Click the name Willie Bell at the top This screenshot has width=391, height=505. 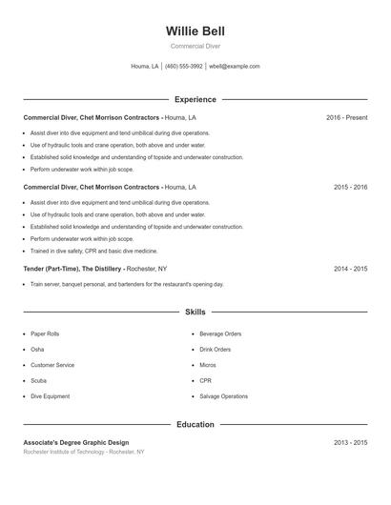click(195, 31)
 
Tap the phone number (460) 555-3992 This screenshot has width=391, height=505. click(183, 67)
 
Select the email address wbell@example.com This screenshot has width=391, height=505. click(235, 67)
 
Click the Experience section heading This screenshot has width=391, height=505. click(195, 99)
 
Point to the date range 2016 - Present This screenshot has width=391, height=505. click(346, 118)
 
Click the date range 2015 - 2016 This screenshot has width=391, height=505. click(350, 188)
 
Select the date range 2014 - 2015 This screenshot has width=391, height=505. click(350, 269)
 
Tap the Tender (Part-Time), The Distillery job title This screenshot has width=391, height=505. click(72, 269)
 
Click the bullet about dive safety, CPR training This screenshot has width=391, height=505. click(93, 251)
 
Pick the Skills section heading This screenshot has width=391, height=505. click(195, 312)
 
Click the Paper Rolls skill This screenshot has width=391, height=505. click(45, 334)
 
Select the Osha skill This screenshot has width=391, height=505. click(37, 350)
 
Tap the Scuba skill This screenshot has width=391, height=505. click(39, 381)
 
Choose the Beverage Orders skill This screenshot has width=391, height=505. click(220, 334)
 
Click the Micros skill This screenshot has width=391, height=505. click(208, 365)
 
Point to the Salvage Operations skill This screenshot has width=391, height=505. click(223, 396)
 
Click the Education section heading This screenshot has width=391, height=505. click(195, 424)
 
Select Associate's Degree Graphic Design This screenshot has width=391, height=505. click(76, 443)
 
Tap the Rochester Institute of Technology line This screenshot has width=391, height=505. click(84, 452)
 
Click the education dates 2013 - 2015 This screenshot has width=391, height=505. click(350, 443)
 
